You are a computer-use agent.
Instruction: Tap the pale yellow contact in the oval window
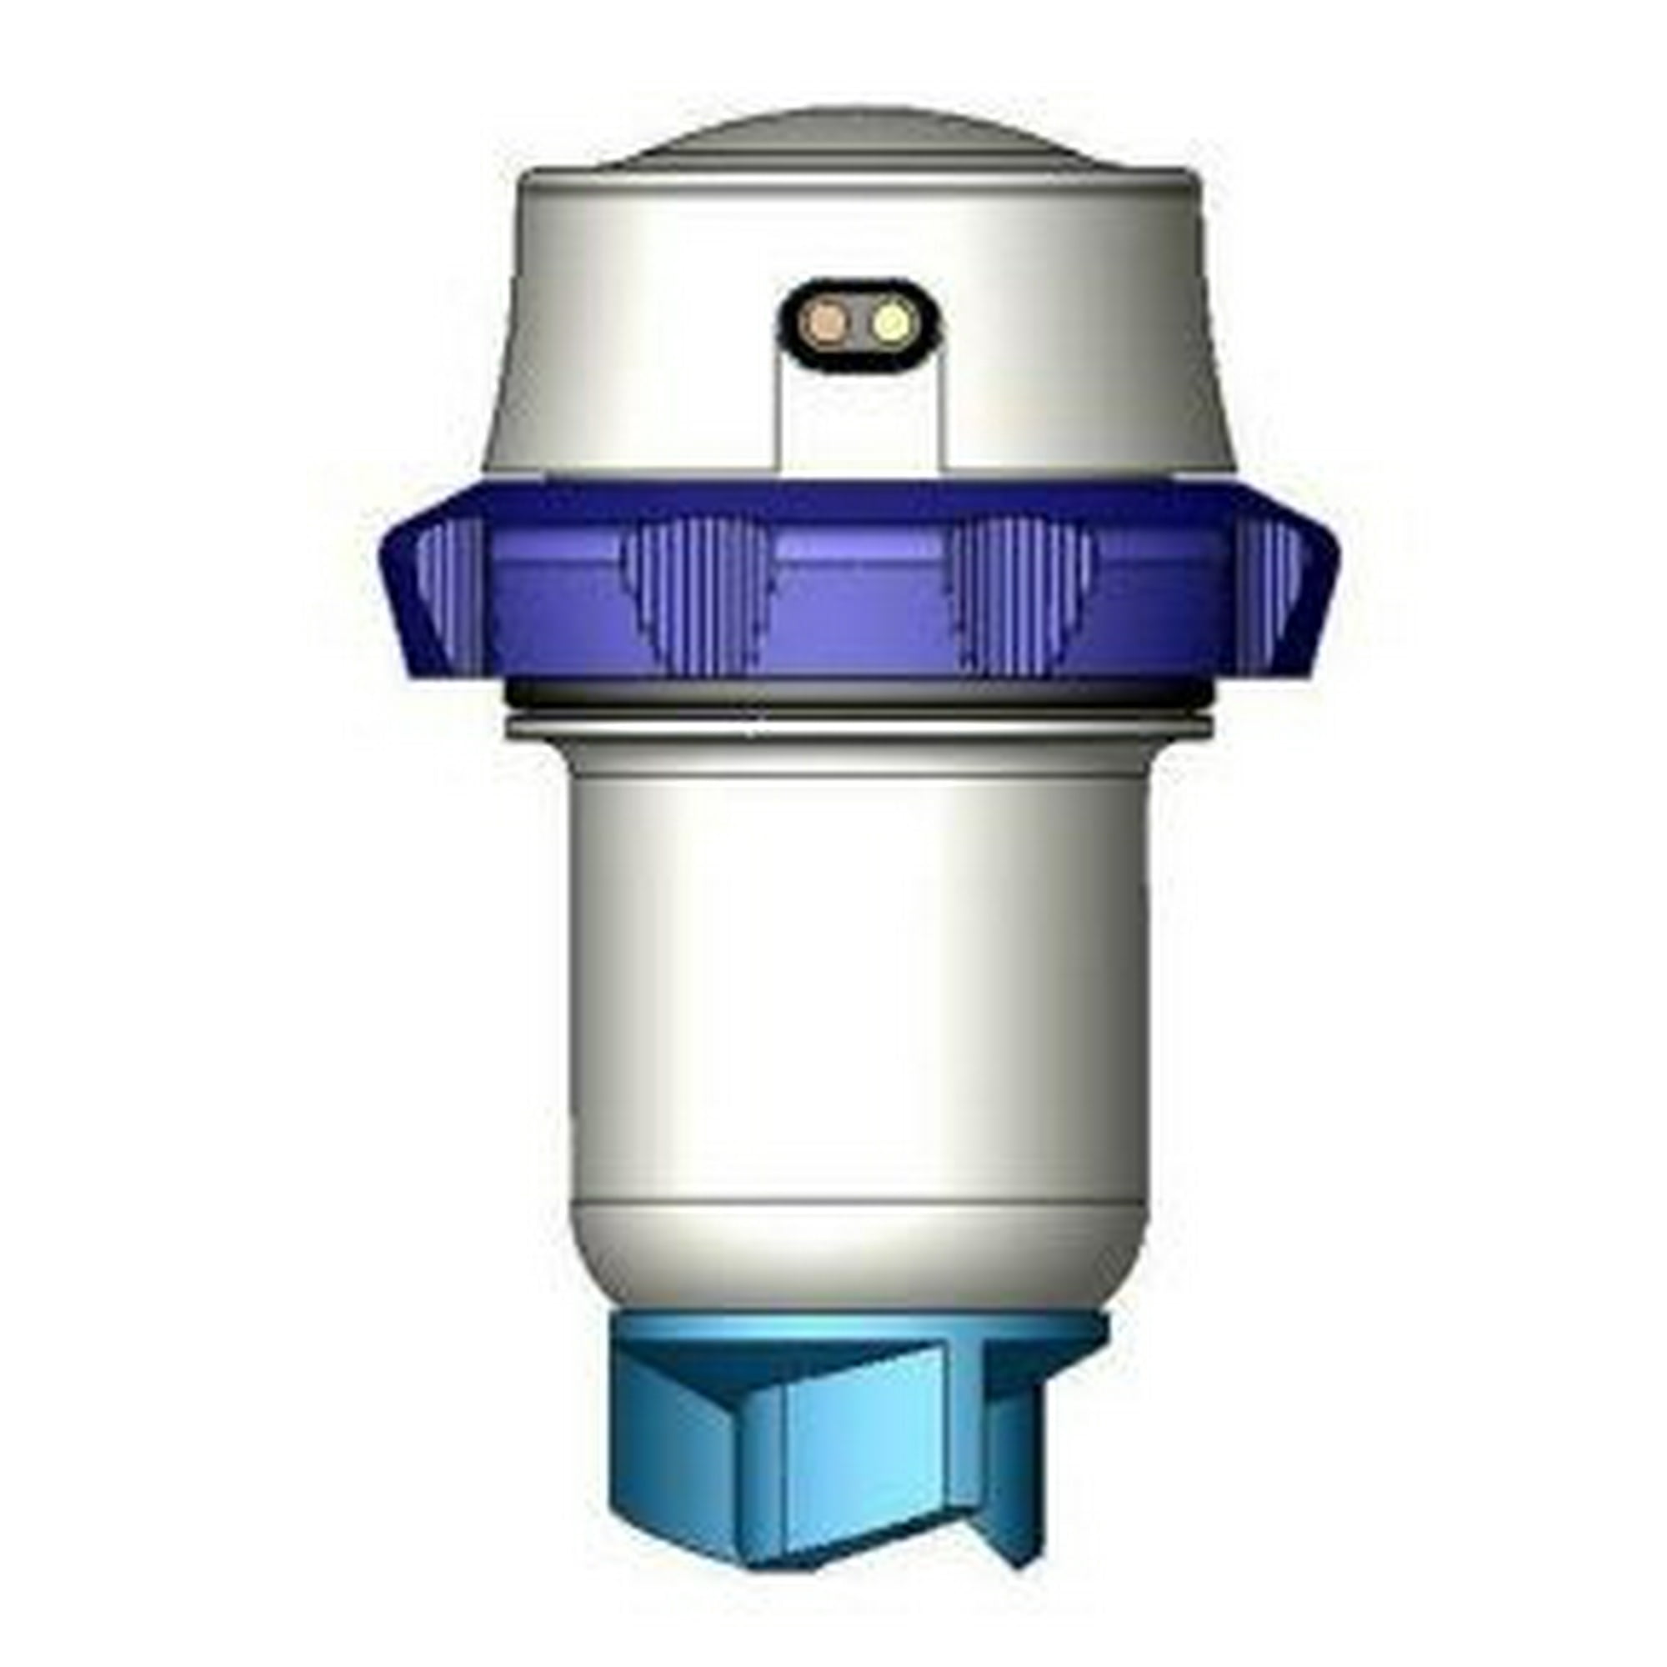tap(889, 325)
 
